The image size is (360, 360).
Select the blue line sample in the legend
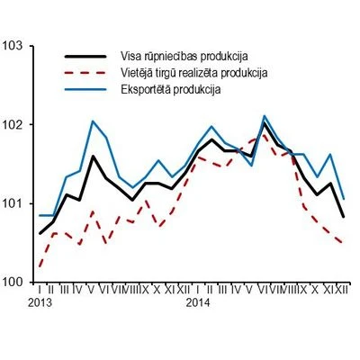pyautogui.click(x=90, y=88)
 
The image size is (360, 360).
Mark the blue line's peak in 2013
pyautogui.click(x=94, y=121)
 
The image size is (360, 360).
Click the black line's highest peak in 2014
pyautogui.click(x=264, y=123)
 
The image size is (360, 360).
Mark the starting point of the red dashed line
pyautogui.click(x=40, y=266)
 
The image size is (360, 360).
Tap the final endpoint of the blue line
pyautogui.click(x=344, y=198)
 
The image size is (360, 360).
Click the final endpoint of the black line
pyautogui.click(x=344, y=216)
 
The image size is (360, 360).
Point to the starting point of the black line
pyautogui.click(x=40, y=233)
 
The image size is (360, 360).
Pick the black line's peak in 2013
pyautogui.click(x=94, y=157)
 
